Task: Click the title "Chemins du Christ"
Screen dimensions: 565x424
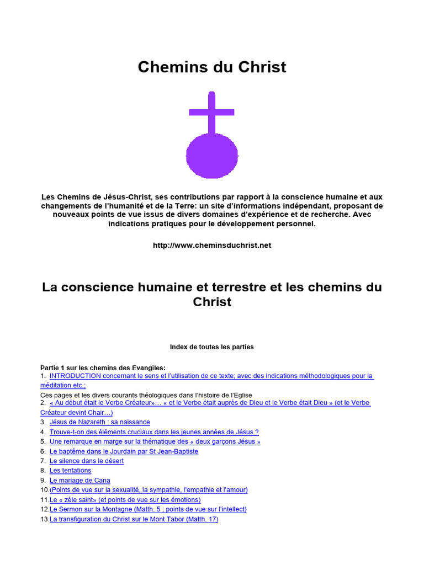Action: click(x=212, y=67)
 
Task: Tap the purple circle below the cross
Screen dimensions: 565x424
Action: click(x=212, y=156)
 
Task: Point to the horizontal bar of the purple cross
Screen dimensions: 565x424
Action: click(x=212, y=112)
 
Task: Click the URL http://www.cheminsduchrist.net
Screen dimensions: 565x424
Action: click(x=212, y=246)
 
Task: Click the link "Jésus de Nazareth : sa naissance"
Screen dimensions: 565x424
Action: click(x=99, y=422)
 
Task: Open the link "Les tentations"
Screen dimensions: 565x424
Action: click(x=70, y=471)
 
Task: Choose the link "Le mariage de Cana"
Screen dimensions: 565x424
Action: click(x=79, y=481)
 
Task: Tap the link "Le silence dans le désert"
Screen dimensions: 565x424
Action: click(x=86, y=461)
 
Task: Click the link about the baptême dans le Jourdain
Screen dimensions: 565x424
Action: click(x=124, y=451)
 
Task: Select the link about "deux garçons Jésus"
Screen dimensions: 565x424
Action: click(x=155, y=441)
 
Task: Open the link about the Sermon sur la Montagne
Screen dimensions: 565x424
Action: click(x=148, y=509)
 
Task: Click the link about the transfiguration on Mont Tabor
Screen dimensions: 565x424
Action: click(x=134, y=519)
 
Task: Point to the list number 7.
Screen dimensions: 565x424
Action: click(x=43, y=461)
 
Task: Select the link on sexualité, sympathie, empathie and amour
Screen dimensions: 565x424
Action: click(x=149, y=490)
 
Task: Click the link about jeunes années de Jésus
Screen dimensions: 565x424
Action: click(x=154, y=432)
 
